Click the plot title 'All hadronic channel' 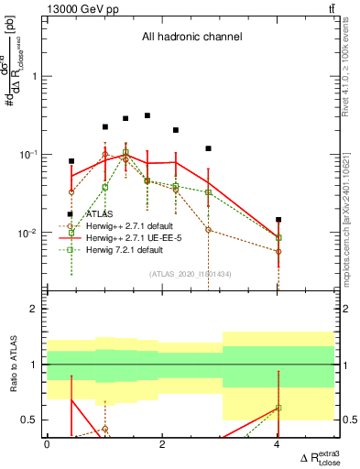pos(191,38)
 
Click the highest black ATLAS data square pos(147,115)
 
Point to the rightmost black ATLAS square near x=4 pos(278,220)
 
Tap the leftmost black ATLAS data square pos(71,161)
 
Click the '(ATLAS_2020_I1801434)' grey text pos(191,274)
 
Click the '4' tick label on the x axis pos(278,444)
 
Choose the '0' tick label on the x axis pos(47,444)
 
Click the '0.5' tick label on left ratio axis pos(32,420)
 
